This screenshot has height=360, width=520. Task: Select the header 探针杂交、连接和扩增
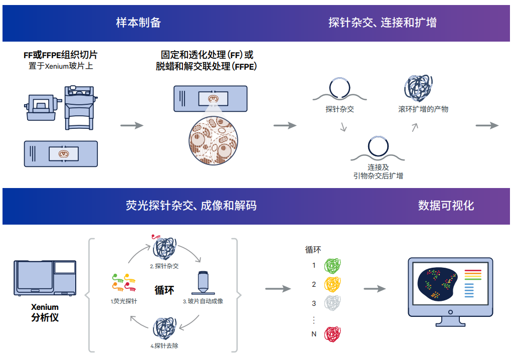click(382, 23)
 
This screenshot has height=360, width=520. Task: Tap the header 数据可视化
click(446, 206)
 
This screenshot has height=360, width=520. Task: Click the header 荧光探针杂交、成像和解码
click(191, 206)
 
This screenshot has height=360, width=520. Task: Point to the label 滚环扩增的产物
click(423, 109)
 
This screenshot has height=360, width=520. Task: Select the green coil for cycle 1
click(332, 266)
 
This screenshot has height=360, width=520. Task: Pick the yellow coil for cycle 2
click(332, 284)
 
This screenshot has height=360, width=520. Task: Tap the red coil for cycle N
click(332, 334)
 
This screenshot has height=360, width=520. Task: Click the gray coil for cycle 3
click(332, 303)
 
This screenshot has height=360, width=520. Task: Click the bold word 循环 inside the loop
click(164, 290)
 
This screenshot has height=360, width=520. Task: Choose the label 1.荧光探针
click(124, 301)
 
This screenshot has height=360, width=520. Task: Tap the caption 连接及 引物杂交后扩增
click(378, 171)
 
